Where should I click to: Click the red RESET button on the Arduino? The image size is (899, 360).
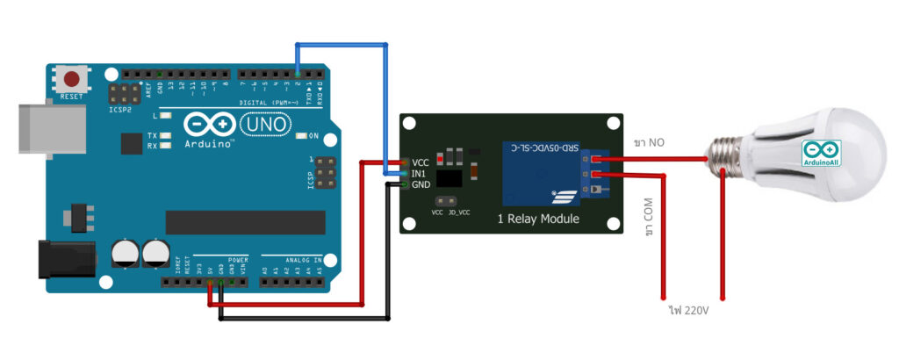pos(73,78)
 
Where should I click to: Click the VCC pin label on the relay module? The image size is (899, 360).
pos(421,162)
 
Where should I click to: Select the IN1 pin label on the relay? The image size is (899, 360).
pos(421,174)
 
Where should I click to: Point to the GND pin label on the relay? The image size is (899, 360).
pos(421,185)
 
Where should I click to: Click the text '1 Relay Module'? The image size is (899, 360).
pos(538,219)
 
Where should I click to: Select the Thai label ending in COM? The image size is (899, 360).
pos(649,218)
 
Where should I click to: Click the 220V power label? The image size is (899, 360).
pos(687,309)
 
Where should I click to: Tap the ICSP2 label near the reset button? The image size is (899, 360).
pos(120,110)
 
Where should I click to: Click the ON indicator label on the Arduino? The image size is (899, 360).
pos(313,135)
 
